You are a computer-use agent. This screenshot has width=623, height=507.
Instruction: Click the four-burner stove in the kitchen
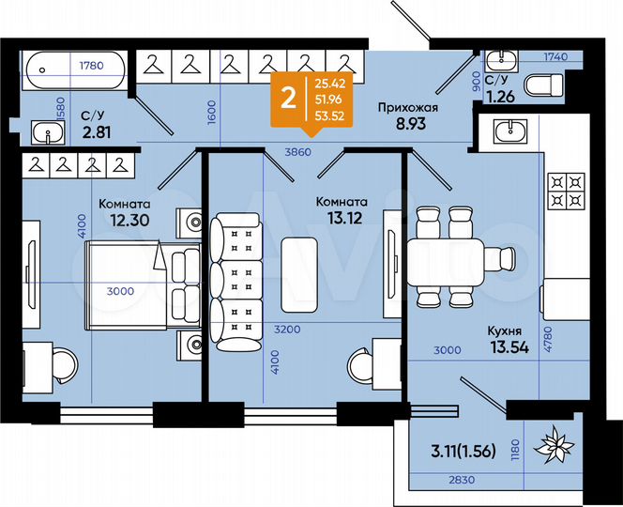point(568,191)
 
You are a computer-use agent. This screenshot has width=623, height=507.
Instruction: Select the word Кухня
point(505,331)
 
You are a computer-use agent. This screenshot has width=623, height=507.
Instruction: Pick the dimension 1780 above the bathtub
point(91,66)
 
